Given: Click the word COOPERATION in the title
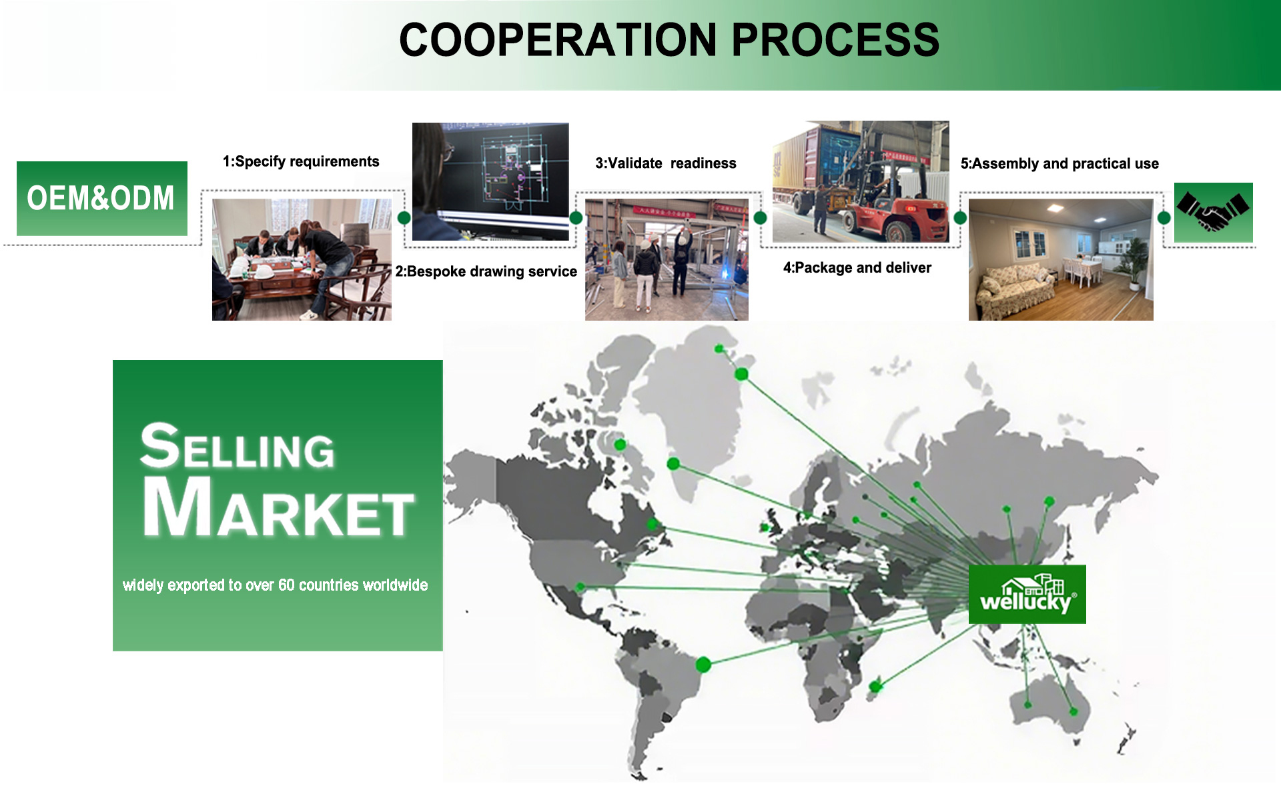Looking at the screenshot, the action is point(558,40).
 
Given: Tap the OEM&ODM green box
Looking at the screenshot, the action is point(102,198).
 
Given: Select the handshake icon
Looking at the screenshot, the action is point(1213,212).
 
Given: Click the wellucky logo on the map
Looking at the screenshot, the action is point(1027,594).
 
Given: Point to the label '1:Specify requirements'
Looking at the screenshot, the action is point(301,161).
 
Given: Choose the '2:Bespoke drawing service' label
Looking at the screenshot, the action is point(486,271).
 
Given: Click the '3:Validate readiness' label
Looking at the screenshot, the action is point(666,163).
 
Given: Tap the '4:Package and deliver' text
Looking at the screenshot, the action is point(857,267).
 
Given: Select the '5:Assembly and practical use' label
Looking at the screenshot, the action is point(1059,163).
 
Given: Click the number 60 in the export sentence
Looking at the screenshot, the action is point(286,585).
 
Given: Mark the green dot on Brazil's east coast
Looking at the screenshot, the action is point(703,664).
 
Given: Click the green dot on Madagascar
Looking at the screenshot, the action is point(875,687).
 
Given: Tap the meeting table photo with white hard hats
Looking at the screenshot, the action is point(302,259).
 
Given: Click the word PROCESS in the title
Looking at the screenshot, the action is point(835,40).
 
